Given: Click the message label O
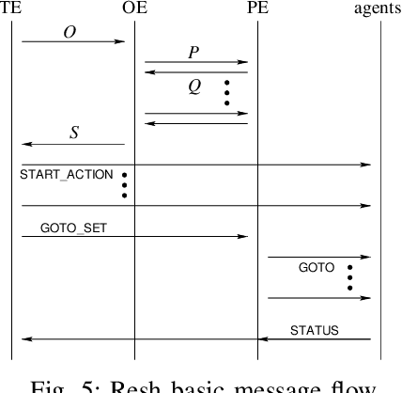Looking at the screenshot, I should pyautogui.click(x=70, y=32).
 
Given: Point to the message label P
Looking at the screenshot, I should pyautogui.click(x=193, y=53).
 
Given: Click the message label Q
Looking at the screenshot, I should pyautogui.click(x=193, y=87).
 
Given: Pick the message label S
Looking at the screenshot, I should pyautogui.click(x=74, y=133).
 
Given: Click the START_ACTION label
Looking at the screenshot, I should pyautogui.click(x=66, y=175).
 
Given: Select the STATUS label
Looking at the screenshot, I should pyautogui.click(x=314, y=330).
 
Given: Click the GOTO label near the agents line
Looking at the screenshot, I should pyautogui.click(x=316, y=268).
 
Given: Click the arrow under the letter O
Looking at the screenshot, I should pyautogui.click(x=72, y=41).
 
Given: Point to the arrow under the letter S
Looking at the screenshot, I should pyautogui.click(x=72, y=144).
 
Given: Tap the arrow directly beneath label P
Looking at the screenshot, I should pyautogui.click(x=196, y=62).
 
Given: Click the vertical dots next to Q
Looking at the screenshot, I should pyautogui.click(x=225, y=92).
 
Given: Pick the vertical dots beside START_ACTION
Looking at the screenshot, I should pyautogui.click(x=124, y=185).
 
